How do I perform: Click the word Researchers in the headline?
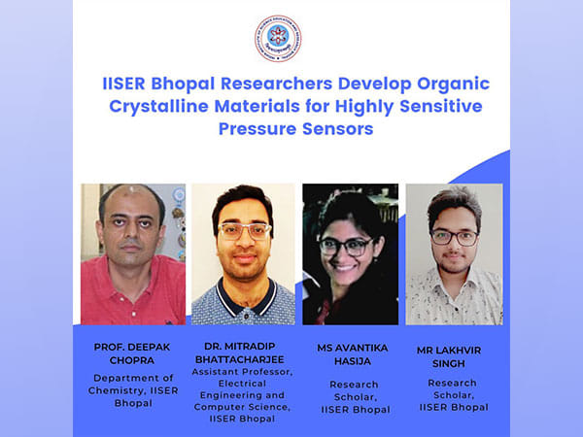click(x=251, y=84)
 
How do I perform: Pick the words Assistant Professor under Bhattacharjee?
click(x=244, y=371)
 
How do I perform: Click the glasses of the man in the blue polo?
click(x=244, y=230)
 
